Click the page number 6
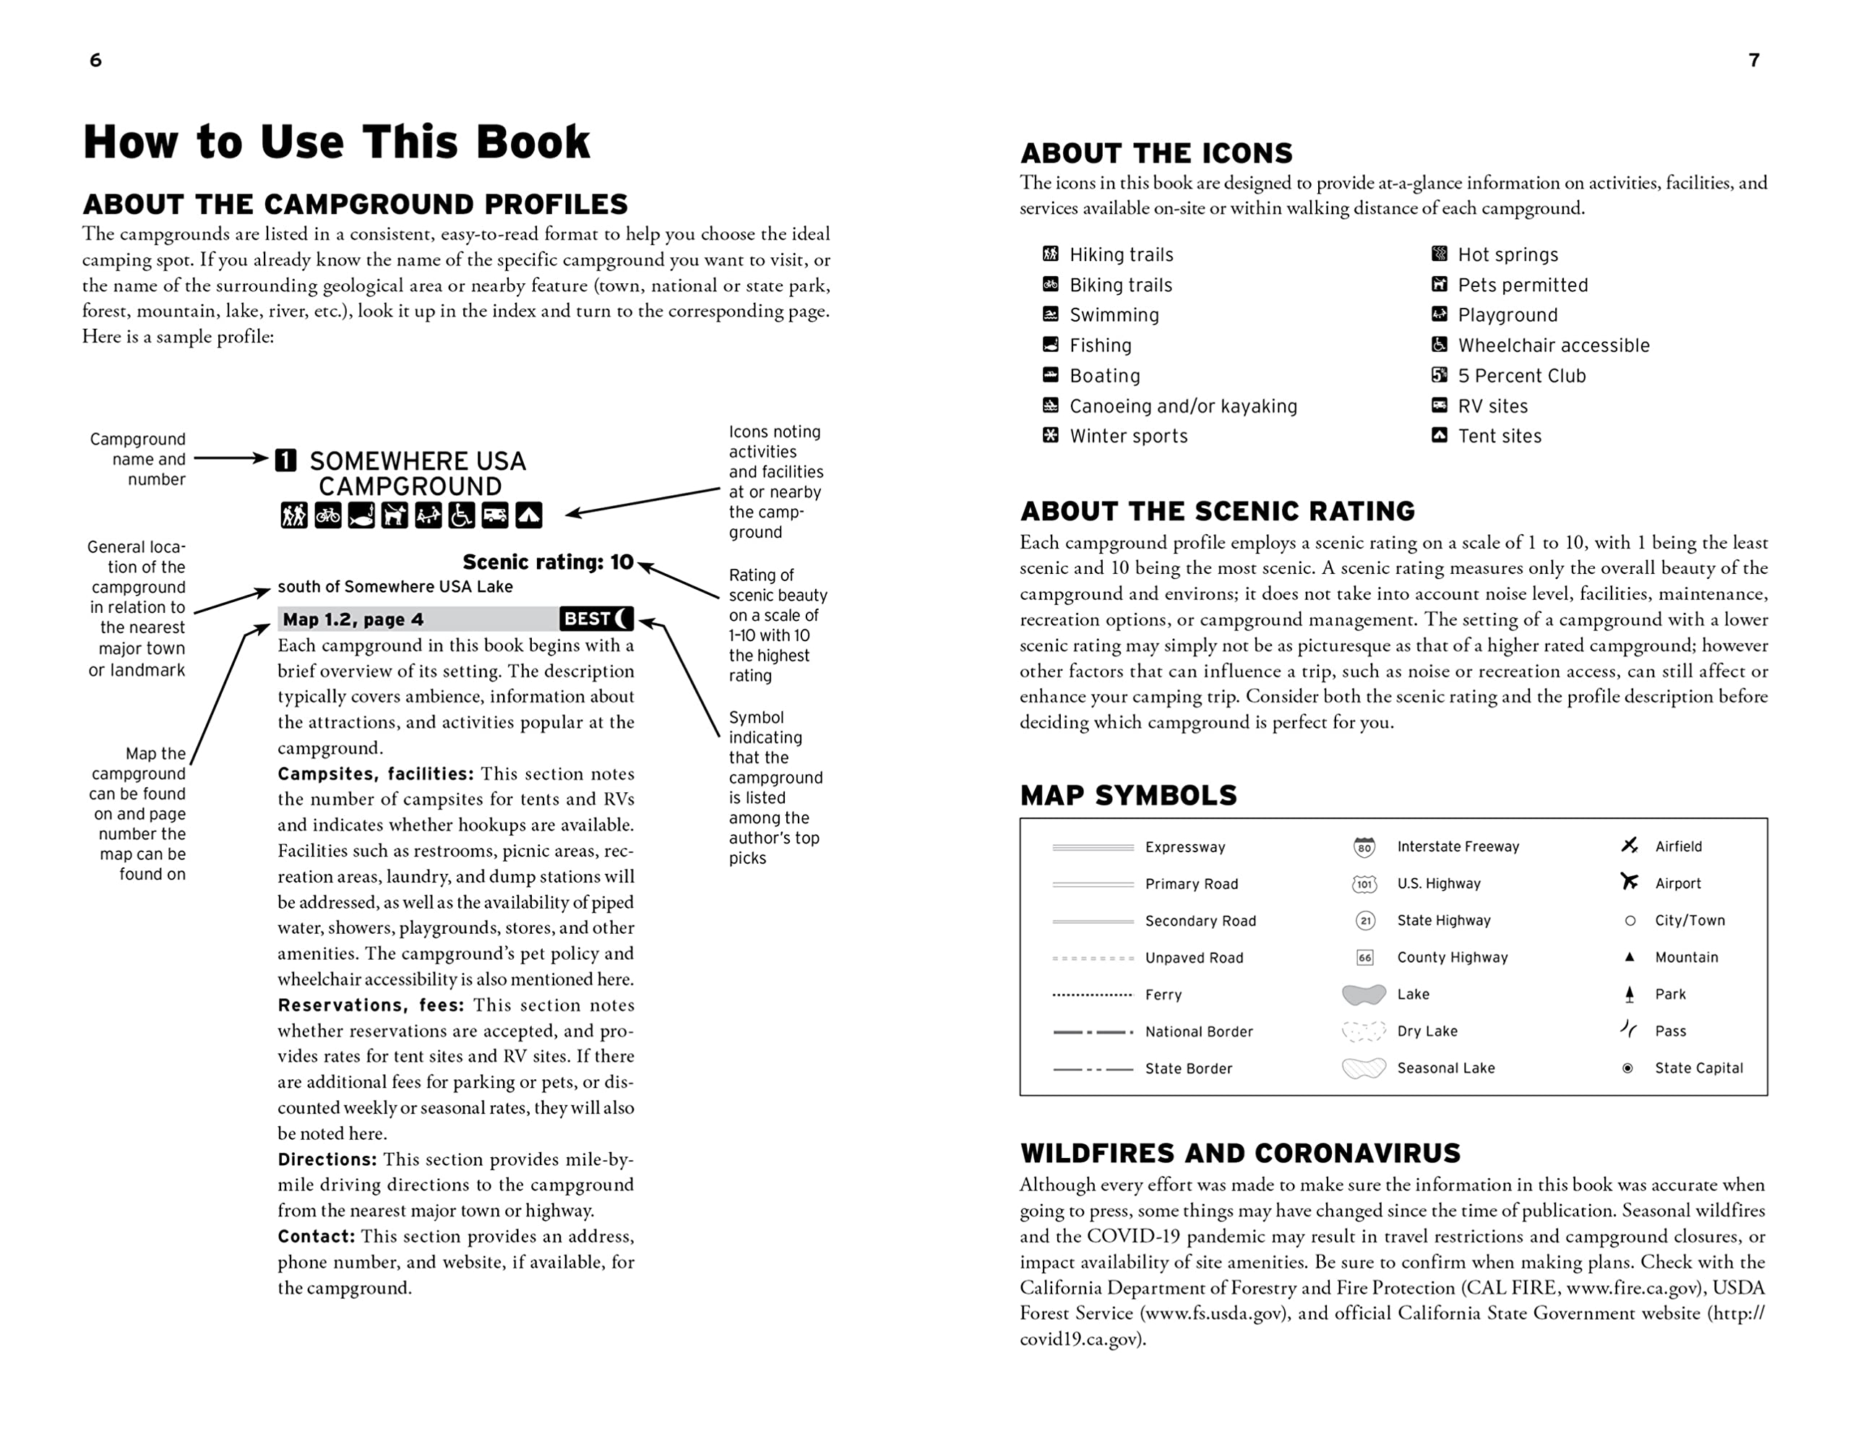click(95, 60)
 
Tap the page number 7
click(1755, 60)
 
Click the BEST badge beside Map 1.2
click(596, 619)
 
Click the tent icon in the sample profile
click(528, 514)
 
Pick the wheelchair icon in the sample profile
click(462, 514)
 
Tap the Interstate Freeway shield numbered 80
click(1364, 846)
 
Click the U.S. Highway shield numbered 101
click(1364, 884)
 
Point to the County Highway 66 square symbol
click(1364, 958)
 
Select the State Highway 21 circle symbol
click(1364, 920)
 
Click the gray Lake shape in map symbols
click(1364, 994)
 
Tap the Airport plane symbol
click(1629, 882)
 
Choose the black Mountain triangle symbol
click(1629, 956)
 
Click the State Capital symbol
click(1628, 1068)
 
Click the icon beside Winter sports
click(1050, 435)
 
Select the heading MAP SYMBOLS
click(1128, 794)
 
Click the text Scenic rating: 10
click(547, 562)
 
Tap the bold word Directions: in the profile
click(327, 1159)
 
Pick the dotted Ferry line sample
click(1092, 995)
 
